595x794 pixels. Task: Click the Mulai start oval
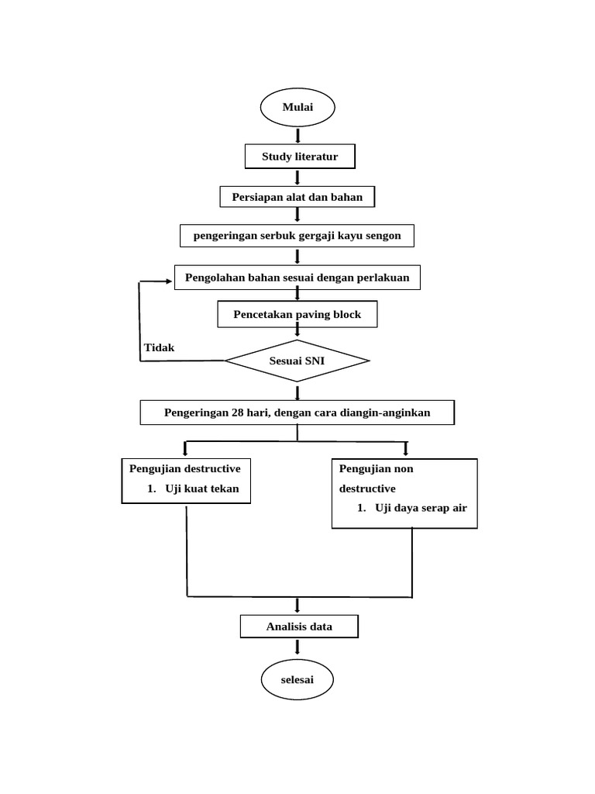click(x=297, y=107)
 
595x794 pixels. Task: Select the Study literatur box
click(x=299, y=157)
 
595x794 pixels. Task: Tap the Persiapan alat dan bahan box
click(x=297, y=197)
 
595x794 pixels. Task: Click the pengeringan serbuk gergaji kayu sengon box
click(x=297, y=236)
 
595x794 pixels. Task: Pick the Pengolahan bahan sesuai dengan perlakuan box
click(x=297, y=277)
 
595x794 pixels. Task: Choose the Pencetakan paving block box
click(x=297, y=315)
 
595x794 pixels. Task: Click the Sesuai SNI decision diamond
click(x=297, y=361)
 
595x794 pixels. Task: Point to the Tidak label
click(x=160, y=347)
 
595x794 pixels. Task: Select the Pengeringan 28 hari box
click(x=297, y=413)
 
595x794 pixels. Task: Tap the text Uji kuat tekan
click(x=202, y=488)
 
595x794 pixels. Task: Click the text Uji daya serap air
click(x=422, y=508)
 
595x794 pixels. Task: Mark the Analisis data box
click(x=299, y=627)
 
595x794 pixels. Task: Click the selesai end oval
click(x=297, y=680)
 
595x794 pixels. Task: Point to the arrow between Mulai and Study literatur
click(x=298, y=136)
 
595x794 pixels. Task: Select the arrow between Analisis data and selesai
click(x=298, y=650)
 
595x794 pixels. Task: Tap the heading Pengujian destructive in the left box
click(x=185, y=468)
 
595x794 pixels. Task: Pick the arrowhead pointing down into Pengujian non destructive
click(x=405, y=451)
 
